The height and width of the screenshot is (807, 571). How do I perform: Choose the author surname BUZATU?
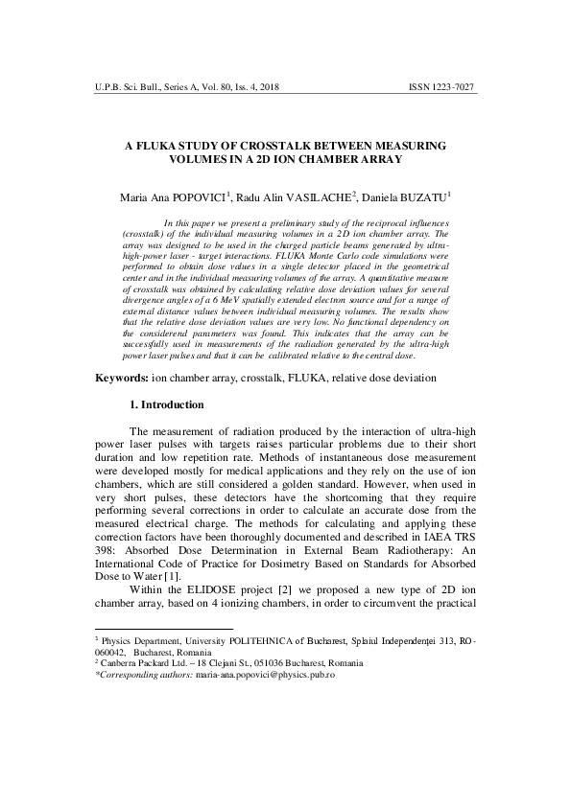point(422,196)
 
